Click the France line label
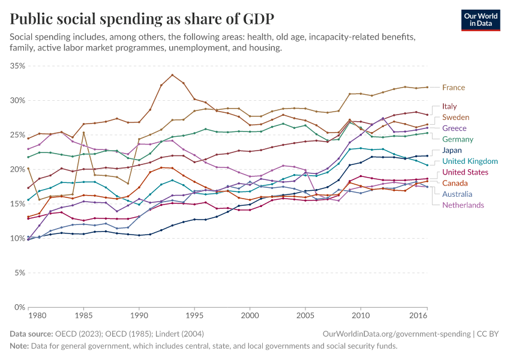click(x=454, y=88)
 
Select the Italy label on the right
click(x=449, y=106)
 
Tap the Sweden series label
click(x=455, y=117)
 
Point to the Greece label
click(x=454, y=128)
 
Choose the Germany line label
click(x=458, y=139)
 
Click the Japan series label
click(x=452, y=150)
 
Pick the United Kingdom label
click(x=470, y=161)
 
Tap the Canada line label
click(x=455, y=183)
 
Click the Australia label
click(x=457, y=194)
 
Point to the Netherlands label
click(x=463, y=205)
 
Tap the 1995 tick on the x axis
click(x=194, y=316)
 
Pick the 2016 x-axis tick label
click(x=418, y=316)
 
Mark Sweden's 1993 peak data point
click(x=172, y=75)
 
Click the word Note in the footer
click(x=20, y=346)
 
